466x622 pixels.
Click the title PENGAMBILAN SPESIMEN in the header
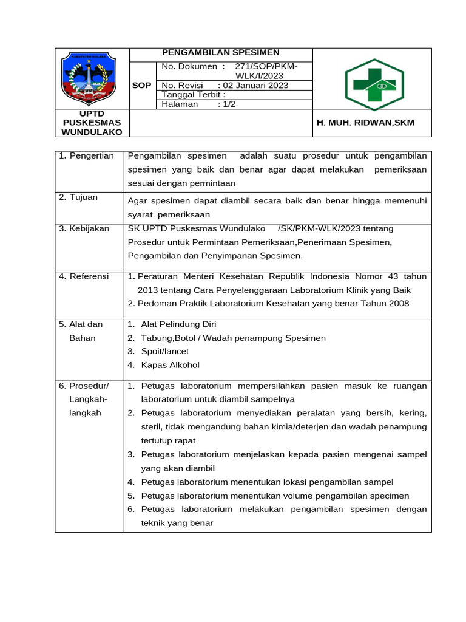pos(221,53)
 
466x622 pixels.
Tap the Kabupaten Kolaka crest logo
pos(92,79)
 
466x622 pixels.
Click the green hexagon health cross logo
pos(370,84)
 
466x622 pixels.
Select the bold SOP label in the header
pos(141,86)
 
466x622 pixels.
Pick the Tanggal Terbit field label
pos(194,95)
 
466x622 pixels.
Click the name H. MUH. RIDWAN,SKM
pos(366,123)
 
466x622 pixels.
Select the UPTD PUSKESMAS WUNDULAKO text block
pos(92,123)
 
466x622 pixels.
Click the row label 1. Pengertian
pos(87,156)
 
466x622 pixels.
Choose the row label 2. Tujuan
pos(78,197)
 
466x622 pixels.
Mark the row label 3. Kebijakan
pos(84,228)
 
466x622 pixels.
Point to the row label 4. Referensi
pos(84,276)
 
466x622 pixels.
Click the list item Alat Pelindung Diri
pos(178,324)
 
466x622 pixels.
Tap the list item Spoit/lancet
pos(164,351)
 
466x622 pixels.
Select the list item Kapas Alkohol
pos(170,365)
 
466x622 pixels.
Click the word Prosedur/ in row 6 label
pos(89,386)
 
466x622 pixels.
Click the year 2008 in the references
pos(397,303)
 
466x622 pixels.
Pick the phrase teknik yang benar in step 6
pos(177,522)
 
